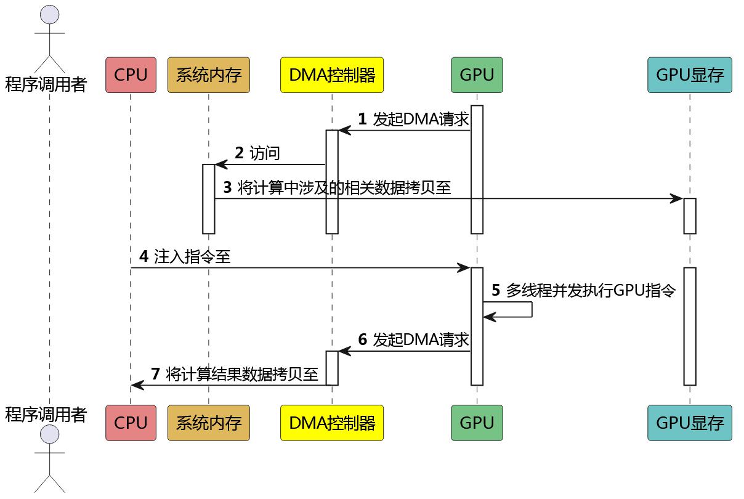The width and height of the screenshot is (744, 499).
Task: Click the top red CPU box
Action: point(131,75)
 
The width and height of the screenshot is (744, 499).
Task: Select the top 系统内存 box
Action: point(208,75)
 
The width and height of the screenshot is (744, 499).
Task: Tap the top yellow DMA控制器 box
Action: point(331,75)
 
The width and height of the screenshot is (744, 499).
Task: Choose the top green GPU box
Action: point(477,75)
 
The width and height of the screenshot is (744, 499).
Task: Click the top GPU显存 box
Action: point(689,75)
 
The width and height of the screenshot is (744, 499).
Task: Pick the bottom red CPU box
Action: point(131,423)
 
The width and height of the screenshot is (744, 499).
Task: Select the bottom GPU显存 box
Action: point(689,423)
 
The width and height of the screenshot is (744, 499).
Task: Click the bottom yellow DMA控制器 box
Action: point(331,423)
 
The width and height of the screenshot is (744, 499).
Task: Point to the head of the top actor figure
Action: point(49,14)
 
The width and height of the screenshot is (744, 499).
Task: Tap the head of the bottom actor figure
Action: point(49,434)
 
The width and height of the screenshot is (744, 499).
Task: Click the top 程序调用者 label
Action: point(46,84)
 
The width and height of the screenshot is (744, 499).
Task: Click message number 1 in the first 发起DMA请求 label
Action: point(362,120)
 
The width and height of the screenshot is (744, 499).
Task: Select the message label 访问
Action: point(265,153)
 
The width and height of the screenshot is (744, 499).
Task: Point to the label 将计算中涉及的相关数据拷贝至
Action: point(344,188)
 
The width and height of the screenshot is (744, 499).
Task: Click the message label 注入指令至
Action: point(192,256)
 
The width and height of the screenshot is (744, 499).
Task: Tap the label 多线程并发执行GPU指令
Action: point(591,290)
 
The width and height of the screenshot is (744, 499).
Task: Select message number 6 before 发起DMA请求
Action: point(362,339)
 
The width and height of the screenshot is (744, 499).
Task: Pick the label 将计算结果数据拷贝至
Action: point(242,374)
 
